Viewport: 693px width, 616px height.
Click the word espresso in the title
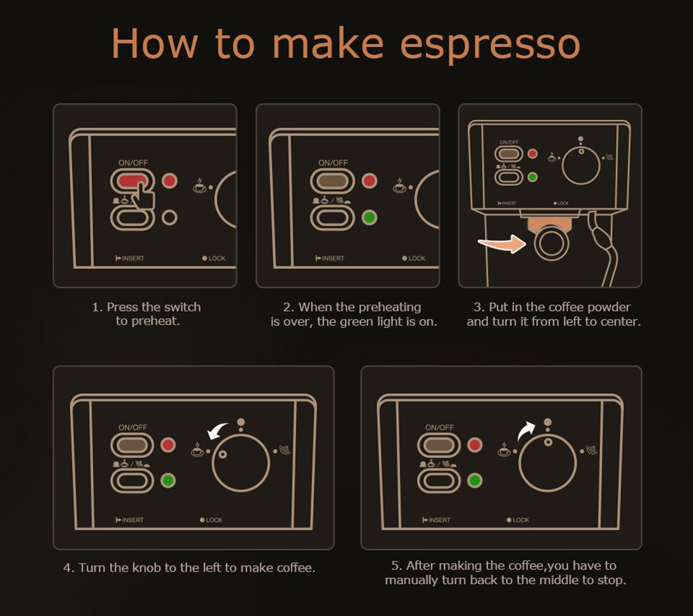490,44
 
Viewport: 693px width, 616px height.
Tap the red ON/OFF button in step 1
132,181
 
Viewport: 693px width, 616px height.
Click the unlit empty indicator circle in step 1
169,218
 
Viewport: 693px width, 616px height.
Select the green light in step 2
369,218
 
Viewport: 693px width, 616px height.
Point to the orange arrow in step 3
502,243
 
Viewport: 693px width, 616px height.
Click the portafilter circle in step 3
551,243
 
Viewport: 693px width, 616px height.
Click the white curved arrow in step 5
527,430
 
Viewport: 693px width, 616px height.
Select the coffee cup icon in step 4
197,449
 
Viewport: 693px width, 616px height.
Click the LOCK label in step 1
214,258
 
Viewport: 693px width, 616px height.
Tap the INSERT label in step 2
330,258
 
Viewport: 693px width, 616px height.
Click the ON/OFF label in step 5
439,428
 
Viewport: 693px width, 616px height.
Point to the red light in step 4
168,445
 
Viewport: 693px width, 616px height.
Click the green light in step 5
475,480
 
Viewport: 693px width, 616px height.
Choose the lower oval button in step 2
333,218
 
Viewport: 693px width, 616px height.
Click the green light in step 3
532,177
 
